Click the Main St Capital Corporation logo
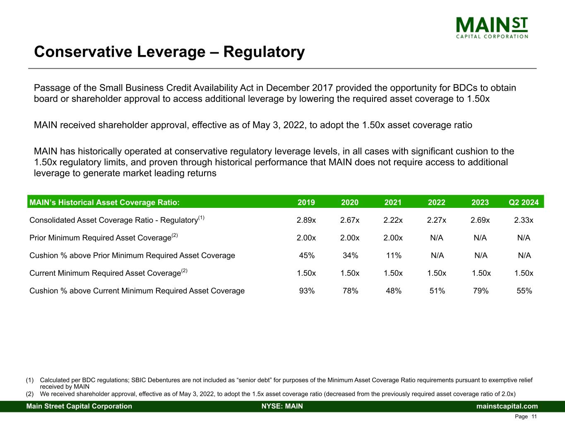[x=492, y=27]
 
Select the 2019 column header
[x=306, y=202]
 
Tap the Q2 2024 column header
[x=524, y=202]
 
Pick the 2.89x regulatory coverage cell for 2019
[x=306, y=220]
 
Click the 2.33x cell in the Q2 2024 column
[x=524, y=220]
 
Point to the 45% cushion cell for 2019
[x=307, y=255]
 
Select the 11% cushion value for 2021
[x=394, y=255]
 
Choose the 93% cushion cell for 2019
[x=307, y=291]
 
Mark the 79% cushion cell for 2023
[x=481, y=291]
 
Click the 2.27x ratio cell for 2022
[x=437, y=220]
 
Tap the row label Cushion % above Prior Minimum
[x=132, y=255]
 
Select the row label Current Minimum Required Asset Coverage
[x=105, y=273]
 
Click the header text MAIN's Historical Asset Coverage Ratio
[x=104, y=202]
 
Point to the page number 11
[x=534, y=417]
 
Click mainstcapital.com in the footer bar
[x=507, y=406]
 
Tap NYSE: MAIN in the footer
[x=282, y=406]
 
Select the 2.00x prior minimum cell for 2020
[x=350, y=238]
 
